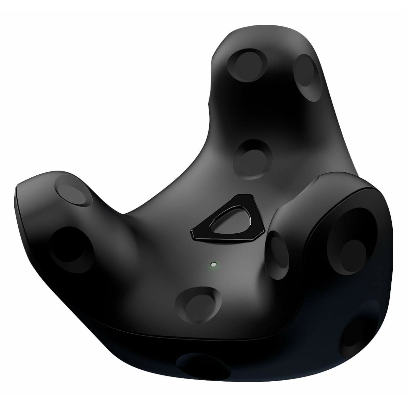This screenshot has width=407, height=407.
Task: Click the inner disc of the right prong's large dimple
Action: (x=354, y=248)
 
